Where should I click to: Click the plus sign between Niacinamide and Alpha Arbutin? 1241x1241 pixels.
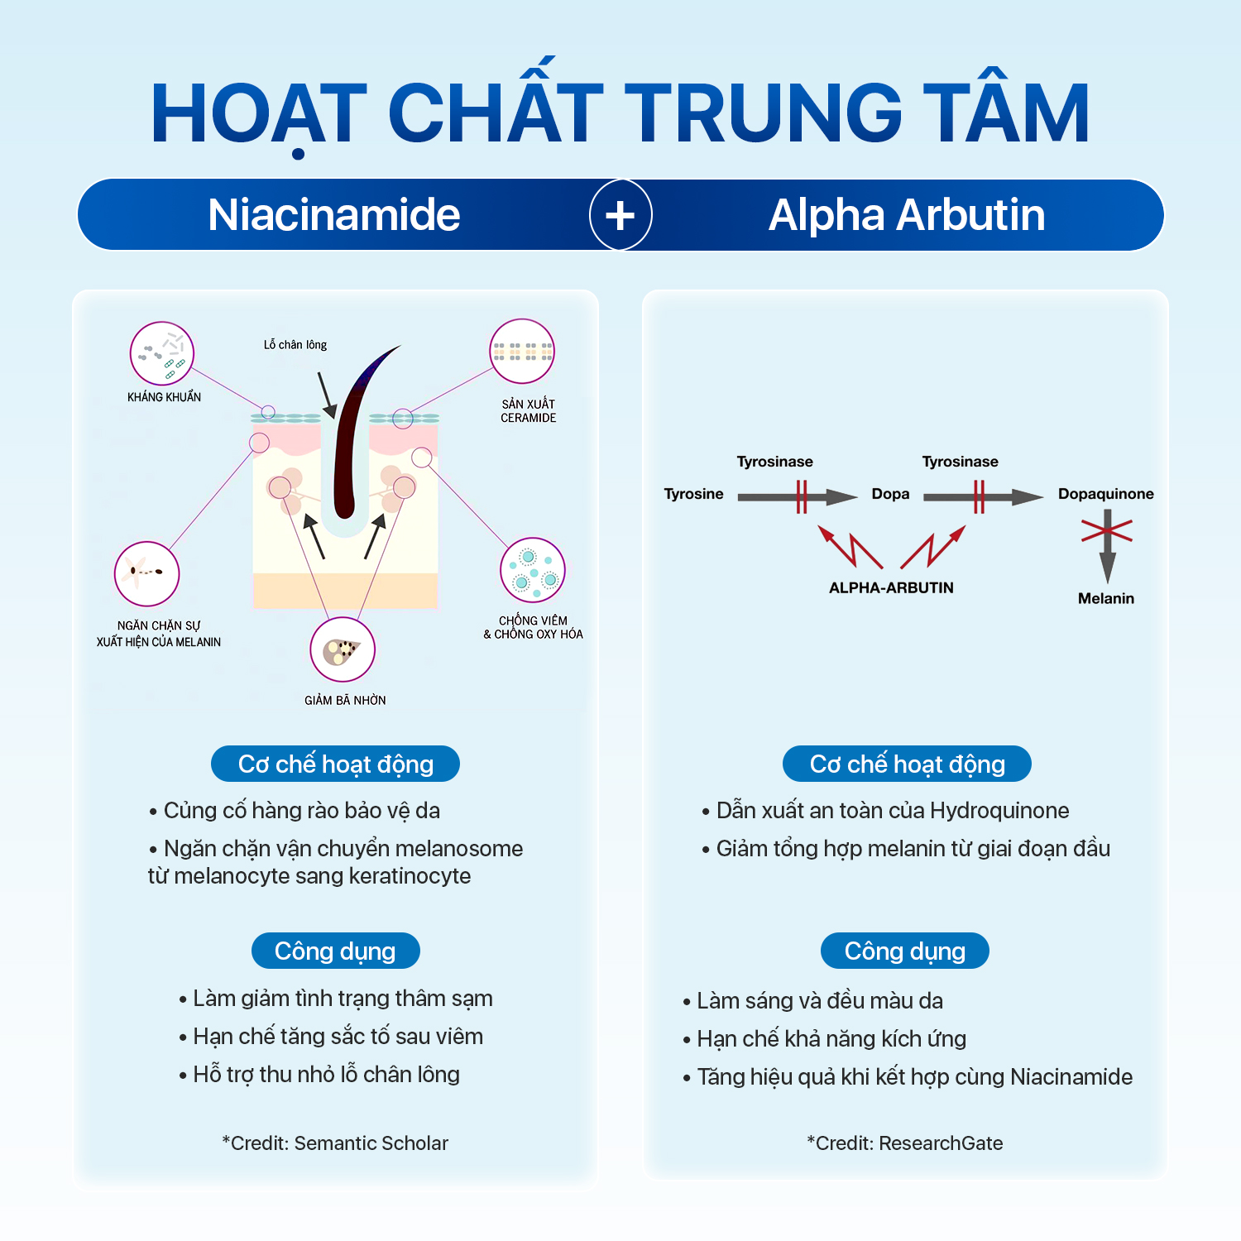(x=620, y=215)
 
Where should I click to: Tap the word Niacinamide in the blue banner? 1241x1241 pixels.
(x=333, y=215)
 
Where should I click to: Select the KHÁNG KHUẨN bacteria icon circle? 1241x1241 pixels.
(x=162, y=354)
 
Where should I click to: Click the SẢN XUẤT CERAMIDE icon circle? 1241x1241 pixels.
(x=522, y=352)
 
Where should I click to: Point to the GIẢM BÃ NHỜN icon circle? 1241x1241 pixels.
(x=343, y=650)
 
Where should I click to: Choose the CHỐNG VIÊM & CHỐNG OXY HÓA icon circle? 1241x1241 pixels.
(x=533, y=571)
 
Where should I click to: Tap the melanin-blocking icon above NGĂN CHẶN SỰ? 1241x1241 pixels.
(x=147, y=573)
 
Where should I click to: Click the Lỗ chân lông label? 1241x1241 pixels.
(x=295, y=345)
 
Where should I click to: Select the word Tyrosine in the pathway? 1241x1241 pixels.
(x=693, y=494)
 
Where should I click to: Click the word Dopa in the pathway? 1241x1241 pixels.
(x=890, y=494)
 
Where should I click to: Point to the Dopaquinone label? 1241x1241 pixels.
(x=1105, y=494)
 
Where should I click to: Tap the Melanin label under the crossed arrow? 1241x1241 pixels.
(x=1105, y=598)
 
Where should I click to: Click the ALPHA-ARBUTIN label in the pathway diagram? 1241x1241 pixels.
(x=891, y=587)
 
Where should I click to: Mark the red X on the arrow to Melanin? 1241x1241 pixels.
(x=1106, y=530)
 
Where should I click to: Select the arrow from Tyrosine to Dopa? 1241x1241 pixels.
(x=797, y=497)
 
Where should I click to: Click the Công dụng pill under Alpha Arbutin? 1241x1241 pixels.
(x=904, y=951)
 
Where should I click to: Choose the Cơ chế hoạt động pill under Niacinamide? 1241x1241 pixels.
(x=335, y=764)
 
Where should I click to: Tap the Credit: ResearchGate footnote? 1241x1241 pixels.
(x=904, y=1143)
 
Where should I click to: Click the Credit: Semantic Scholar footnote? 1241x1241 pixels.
(x=335, y=1143)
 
